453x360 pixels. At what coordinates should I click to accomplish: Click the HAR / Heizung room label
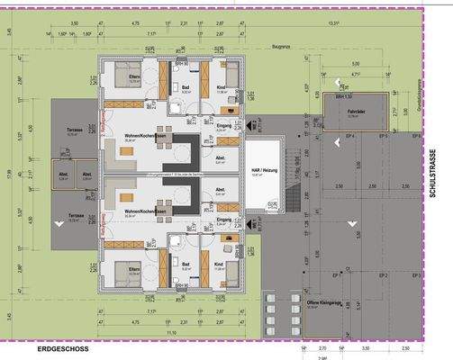[265, 173]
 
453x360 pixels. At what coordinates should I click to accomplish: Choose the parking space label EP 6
[415, 136]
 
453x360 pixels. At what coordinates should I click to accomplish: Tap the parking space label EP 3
[415, 274]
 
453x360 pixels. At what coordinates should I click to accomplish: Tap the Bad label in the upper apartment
[184, 88]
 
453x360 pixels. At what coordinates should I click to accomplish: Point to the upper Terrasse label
[75, 129]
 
